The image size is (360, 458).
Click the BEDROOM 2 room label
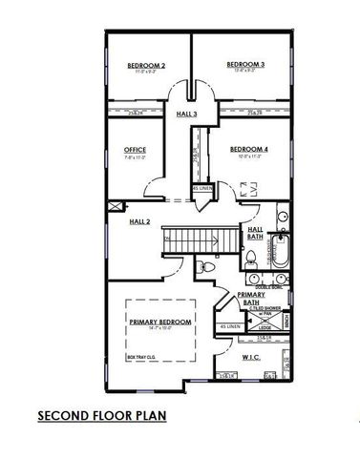pos(147,65)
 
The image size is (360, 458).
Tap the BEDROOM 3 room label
pos(245,65)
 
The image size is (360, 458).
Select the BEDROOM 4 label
pos(248,150)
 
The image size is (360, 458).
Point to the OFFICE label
pos(135,150)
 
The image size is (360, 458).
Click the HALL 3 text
pos(187,114)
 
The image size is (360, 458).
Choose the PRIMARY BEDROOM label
pos(160,322)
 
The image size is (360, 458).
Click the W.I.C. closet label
pos(252,358)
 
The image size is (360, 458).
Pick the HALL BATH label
pos(256,233)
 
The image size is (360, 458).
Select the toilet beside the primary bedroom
pos(211,267)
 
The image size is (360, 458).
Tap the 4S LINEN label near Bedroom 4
pos(202,189)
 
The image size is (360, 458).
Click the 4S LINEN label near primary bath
pos(230,327)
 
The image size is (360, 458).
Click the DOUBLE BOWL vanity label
pos(270,285)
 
